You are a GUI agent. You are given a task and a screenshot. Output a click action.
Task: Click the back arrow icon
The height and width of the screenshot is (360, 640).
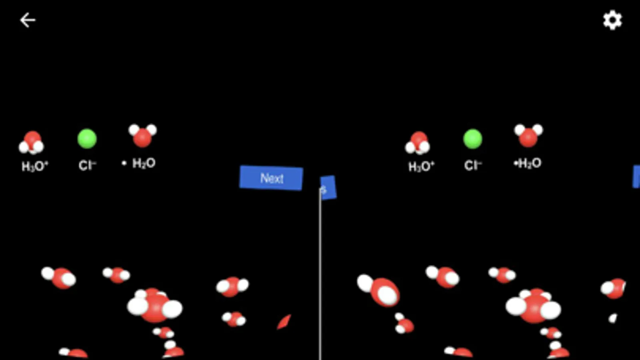[x=28, y=20]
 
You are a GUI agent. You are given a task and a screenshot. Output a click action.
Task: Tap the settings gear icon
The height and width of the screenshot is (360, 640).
[x=612, y=20]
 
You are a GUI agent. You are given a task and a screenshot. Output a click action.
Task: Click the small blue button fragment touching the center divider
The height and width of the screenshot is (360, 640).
[x=328, y=188]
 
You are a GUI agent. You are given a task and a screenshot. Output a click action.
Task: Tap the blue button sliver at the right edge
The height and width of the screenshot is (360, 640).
[x=636, y=176]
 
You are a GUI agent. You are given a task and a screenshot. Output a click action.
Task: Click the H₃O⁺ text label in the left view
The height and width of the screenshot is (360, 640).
[x=35, y=166]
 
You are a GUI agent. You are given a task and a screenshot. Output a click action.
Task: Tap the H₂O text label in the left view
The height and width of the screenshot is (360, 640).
[x=144, y=163]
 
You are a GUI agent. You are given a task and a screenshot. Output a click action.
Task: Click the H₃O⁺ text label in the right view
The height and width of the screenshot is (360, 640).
[x=421, y=166]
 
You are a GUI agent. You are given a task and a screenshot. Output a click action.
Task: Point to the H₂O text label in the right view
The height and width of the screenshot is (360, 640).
[x=529, y=163]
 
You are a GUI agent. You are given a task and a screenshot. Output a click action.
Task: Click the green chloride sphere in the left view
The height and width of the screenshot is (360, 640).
[x=87, y=139]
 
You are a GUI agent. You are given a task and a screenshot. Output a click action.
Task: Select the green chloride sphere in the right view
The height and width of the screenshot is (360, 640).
[x=473, y=139]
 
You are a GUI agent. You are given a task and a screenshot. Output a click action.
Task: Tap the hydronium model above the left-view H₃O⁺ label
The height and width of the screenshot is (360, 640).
[x=32, y=143]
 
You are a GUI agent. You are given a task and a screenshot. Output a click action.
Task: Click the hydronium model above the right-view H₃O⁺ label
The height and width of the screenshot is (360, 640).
[x=417, y=143]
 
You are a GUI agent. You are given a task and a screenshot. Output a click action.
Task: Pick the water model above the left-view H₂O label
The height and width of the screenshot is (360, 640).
[x=142, y=135]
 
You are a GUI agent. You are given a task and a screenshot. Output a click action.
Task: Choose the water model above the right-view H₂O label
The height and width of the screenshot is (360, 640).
[x=528, y=135]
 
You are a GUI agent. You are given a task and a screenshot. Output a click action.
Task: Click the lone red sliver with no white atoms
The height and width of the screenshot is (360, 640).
[x=284, y=322]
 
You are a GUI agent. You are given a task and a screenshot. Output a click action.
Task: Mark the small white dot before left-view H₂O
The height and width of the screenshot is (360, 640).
[x=124, y=163]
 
